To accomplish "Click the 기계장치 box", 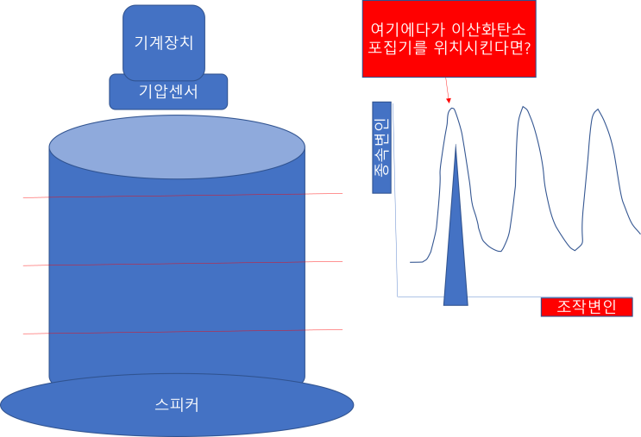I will pos(164,41).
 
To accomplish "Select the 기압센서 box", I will pos(168,91).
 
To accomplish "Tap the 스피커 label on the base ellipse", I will pos(177,403).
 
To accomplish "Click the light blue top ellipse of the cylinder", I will pos(177,148).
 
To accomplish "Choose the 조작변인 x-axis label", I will pos(587,307).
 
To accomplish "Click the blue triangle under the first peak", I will pos(456,259).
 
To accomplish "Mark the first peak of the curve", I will pos(451,108).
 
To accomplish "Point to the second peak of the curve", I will pos(523,107).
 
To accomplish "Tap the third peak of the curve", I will pos(596,110).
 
